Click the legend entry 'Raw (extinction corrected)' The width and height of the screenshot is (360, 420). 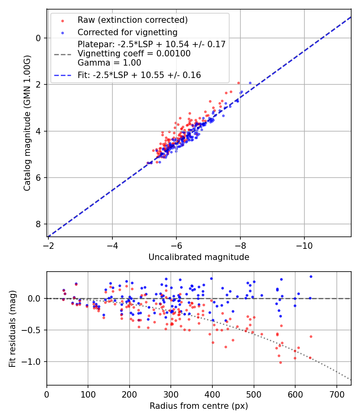pos(132,20)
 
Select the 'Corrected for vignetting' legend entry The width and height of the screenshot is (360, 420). pos(127,32)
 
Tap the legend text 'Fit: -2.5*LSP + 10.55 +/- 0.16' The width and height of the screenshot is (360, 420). pos(139,75)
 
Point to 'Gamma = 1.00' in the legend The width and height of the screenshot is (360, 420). pos(109,62)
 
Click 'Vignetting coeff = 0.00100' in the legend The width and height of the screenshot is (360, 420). pos(134,53)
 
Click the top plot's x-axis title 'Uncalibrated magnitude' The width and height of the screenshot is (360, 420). pos(199,257)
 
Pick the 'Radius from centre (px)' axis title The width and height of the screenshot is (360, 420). pos(199,406)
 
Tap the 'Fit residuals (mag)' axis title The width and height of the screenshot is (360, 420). pos(12,328)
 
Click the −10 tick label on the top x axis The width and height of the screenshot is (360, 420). pos(304,244)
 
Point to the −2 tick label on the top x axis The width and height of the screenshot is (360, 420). pos(48,244)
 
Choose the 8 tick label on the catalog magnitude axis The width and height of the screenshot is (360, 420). pos(38,224)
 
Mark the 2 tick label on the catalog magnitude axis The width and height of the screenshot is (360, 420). pos(38,84)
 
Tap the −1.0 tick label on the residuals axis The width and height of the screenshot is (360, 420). pos(32,362)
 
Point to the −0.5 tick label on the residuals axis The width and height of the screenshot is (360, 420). pos(32,330)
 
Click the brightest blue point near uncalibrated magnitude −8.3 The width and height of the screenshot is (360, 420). pos(250,83)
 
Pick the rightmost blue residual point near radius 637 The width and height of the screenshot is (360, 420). pos(311,276)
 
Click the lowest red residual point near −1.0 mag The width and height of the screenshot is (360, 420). pos(280,362)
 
